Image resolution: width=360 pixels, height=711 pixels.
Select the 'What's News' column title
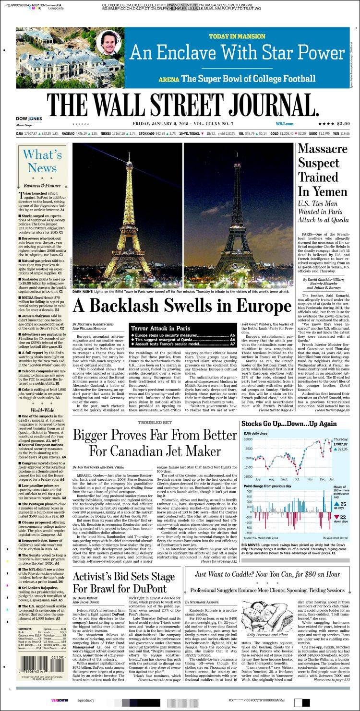pos(42,161)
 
